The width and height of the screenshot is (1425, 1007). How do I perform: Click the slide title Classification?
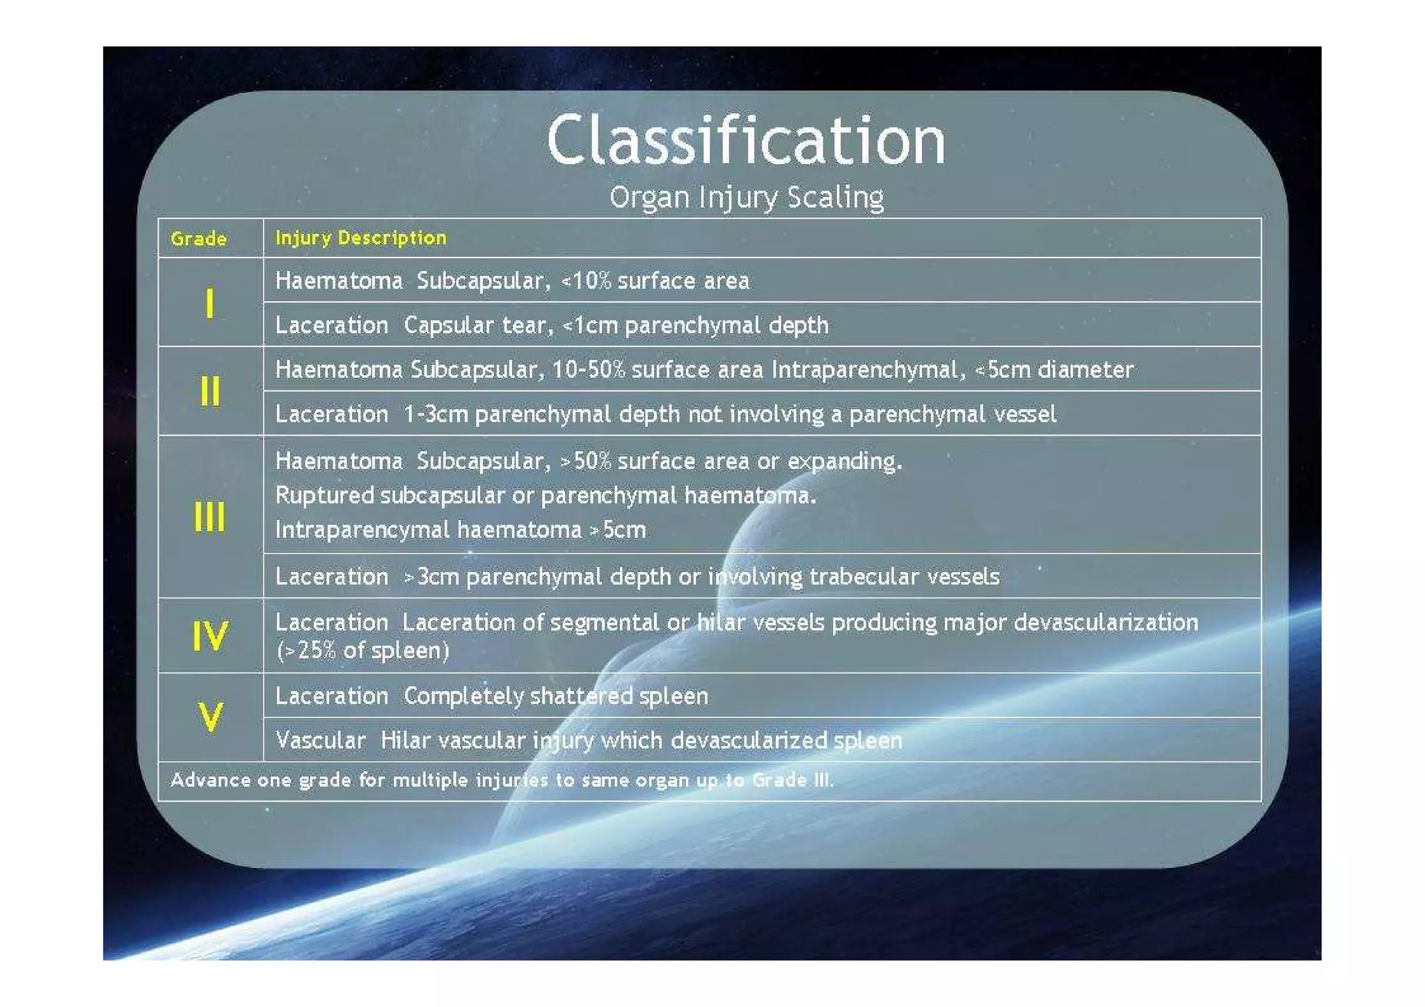click(746, 141)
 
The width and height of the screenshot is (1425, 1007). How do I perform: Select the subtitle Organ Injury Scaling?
click(746, 198)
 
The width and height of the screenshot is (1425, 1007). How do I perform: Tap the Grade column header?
click(198, 239)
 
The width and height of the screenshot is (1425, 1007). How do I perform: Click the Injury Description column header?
click(360, 238)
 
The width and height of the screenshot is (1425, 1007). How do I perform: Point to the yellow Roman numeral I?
click(209, 303)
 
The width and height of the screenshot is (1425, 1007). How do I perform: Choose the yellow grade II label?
click(209, 391)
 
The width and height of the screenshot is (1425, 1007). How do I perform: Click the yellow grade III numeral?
click(209, 517)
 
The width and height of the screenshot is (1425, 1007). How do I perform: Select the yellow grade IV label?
click(209, 636)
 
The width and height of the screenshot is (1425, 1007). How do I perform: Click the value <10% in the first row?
click(586, 281)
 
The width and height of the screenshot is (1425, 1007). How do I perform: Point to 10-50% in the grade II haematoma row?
click(589, 370)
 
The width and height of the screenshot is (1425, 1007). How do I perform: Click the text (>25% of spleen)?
click(363, 651)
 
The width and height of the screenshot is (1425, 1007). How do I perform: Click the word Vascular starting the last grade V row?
click(320, 740)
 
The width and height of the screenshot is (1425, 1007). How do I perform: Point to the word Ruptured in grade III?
click(324, 495)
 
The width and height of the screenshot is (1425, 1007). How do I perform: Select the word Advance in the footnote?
click(209, 780)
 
